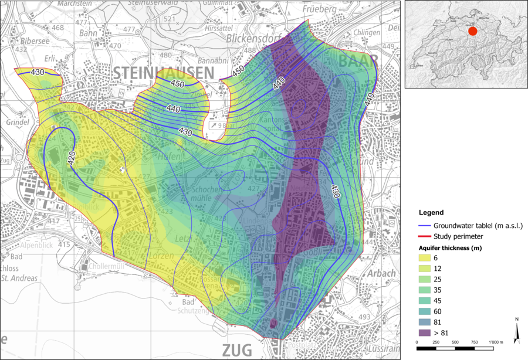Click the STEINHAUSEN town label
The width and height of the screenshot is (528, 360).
pos(163,73)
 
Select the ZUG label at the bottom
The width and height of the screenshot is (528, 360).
pos(238,350)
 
